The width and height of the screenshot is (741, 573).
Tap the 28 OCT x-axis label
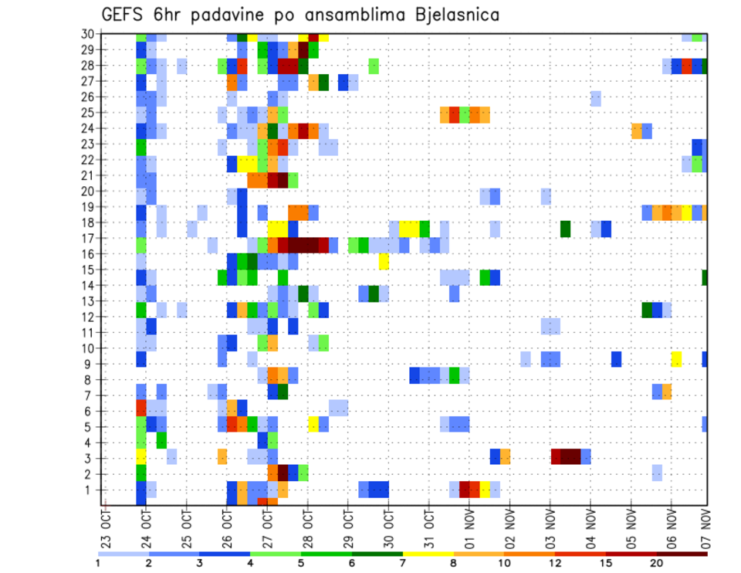pyautogui.click(x=307, y=525)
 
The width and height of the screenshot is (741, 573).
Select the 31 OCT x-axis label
pyautogui.click(x=428, y=525)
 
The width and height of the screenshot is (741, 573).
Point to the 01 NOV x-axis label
pyautogui.click(x=469, y=525)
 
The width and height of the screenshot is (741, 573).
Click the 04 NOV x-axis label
pyautogui.click(x=590, y=525)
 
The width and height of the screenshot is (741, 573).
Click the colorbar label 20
pyautogui.click(x=657, y=563)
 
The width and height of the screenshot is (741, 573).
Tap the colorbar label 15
pyautogui.click(x=606, y=563)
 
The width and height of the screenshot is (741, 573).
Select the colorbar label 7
pyautogui.click(x=403, y=563)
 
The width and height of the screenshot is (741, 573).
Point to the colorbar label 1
pyautogui.click(x=98, y=563)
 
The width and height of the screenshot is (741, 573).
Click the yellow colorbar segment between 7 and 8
pyautogui.click(x=428, y=553)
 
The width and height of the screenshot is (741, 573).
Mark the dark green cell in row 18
pyautogui.click(x=565, y=229)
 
